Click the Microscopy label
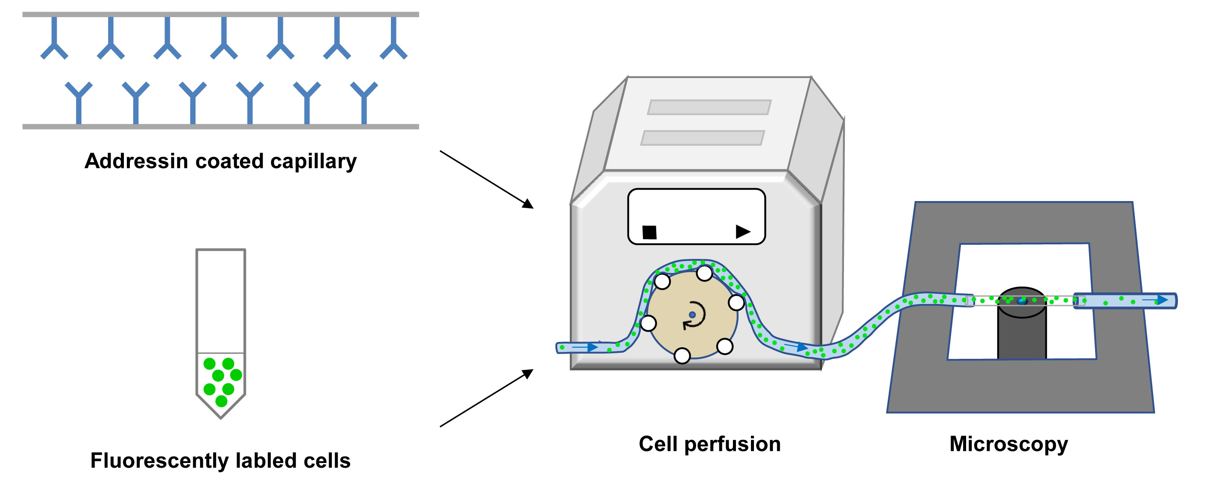point(1009,444)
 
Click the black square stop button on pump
point(649,232)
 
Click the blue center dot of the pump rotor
point(692,315)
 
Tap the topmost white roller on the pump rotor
point(704,273)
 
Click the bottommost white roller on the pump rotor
point(682,355)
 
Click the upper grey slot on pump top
point(709,107)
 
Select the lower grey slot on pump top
point(702,138)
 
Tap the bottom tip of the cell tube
point(221,417)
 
